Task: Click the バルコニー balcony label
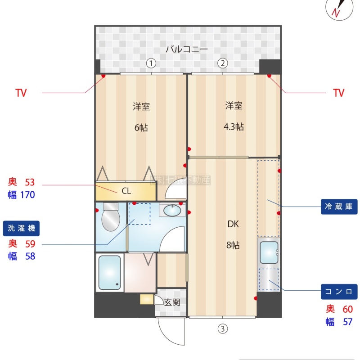coord(186,49)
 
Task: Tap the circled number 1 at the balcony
coord(152,63)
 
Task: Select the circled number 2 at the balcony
coord(222,63)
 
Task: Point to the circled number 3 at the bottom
coord(222,329)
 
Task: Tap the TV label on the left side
coord(21,93)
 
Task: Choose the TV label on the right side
coord(338,93)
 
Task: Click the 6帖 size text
coord(141,127)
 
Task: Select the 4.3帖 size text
coord(234,127)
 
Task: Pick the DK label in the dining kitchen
coord(233,224)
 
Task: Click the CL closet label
coord(126,191)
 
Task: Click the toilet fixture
coord(110,217)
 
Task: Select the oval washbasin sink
coord(171,210)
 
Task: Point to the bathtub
coord(109,273)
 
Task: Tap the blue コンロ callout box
coord(339,292)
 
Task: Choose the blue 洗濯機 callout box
coord(21,228)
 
